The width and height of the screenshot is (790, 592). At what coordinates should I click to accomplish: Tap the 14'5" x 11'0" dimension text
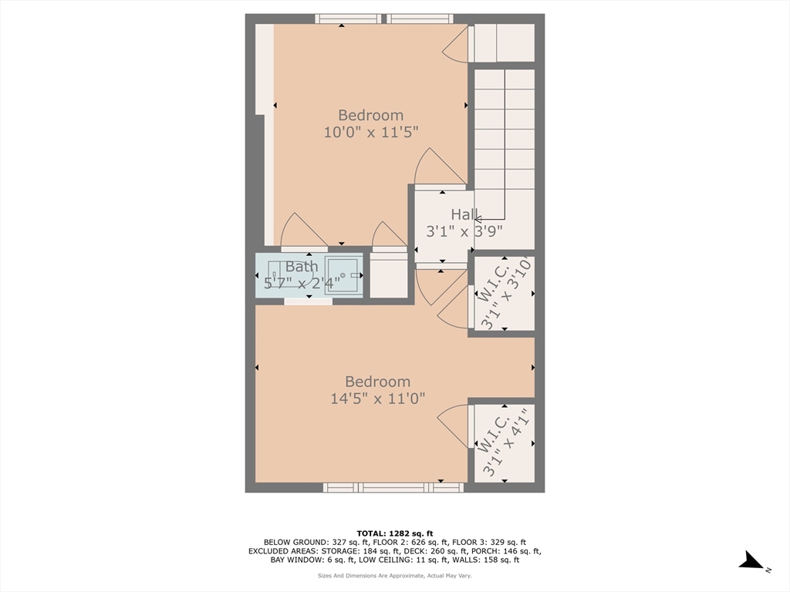click(x=378, y=399)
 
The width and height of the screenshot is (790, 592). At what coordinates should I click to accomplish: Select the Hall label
click(x=464, y=214)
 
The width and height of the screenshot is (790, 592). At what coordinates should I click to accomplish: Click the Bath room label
click(x=302, y=266)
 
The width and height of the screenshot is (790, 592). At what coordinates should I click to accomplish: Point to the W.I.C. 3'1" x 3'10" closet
click(x=505, y=294)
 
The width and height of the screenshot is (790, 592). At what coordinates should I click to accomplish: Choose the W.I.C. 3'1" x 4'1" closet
click(x=505, y=443)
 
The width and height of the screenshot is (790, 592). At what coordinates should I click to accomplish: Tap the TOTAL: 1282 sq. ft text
click(x=395, y=533)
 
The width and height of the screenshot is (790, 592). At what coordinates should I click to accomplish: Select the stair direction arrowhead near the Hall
click(x=478, y=220)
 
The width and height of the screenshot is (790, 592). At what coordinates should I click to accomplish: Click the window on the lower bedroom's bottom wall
click(x=393, y=487)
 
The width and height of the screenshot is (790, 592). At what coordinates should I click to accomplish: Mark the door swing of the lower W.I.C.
click(x=453, y=425)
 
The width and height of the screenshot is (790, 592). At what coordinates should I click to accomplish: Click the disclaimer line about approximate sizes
click(x=395, y=575)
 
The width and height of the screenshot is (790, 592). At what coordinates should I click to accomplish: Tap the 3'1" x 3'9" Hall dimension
click(x=464, y=231)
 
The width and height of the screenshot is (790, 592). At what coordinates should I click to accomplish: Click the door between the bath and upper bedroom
click(x=304, y=231)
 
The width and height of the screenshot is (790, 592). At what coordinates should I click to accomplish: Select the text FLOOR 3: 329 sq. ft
click(x=489, y=542)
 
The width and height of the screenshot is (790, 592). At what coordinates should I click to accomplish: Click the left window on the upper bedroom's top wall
click(x=348, y=18)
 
